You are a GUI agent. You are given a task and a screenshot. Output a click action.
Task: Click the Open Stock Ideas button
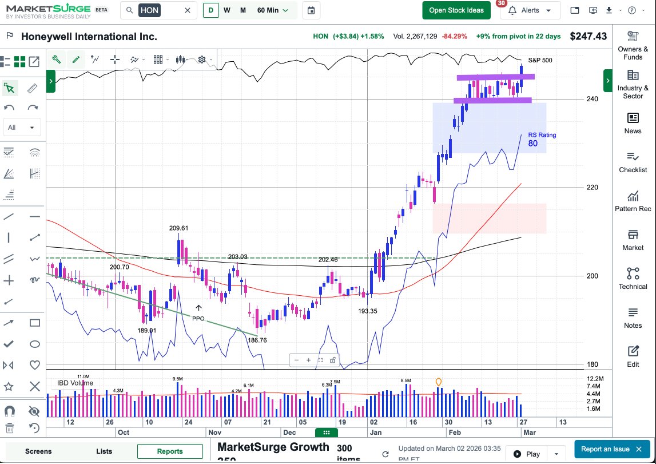point(456,10)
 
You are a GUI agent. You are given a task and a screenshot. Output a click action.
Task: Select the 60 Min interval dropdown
point(273,10)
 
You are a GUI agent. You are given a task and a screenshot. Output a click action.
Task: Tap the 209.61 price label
point(178,228)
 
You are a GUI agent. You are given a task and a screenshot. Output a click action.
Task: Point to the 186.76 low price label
point(257,340)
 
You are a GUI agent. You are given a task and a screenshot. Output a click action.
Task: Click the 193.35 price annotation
point(367,311)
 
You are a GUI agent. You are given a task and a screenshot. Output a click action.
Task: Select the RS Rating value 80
point(532,144)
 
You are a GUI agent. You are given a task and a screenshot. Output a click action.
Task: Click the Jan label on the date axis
point(376,433)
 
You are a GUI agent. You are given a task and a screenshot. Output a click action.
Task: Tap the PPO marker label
point(198,318)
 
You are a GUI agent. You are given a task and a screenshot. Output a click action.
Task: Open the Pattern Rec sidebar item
point(633,201)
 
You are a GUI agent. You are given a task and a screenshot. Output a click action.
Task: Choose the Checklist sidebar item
point(633,162)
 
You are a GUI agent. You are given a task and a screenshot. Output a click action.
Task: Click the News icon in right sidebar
point(633,118)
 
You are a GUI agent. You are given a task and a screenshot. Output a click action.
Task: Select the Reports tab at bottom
point(170,451)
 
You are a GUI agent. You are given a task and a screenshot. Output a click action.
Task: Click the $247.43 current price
point(588,36)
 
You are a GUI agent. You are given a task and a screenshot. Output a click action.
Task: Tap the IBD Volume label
point(75,383)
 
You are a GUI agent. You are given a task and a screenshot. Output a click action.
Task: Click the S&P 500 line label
point(540,60)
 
